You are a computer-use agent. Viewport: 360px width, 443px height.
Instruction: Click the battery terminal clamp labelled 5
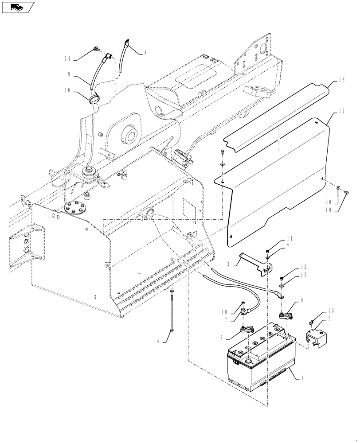[x=247, y=329]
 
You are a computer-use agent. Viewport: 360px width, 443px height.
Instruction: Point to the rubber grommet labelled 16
[x=94, y=98]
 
